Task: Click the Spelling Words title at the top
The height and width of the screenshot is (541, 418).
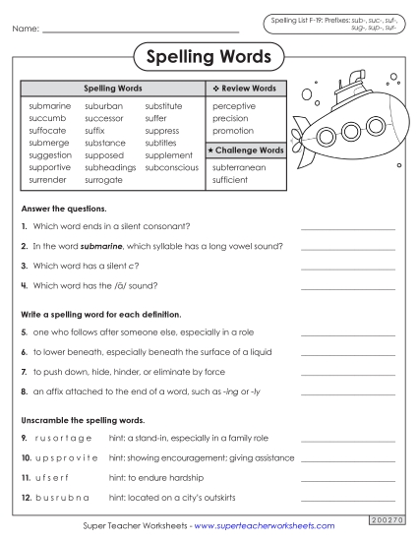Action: click(209, 57)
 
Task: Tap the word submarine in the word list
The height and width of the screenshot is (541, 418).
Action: click(50, 105)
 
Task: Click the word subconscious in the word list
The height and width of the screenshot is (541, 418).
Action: click(171, 167)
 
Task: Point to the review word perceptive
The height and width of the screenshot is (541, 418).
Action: click(234, 105)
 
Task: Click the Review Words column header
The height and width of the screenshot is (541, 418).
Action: click(244, 88)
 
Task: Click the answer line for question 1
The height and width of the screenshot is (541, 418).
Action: click(347, 227)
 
